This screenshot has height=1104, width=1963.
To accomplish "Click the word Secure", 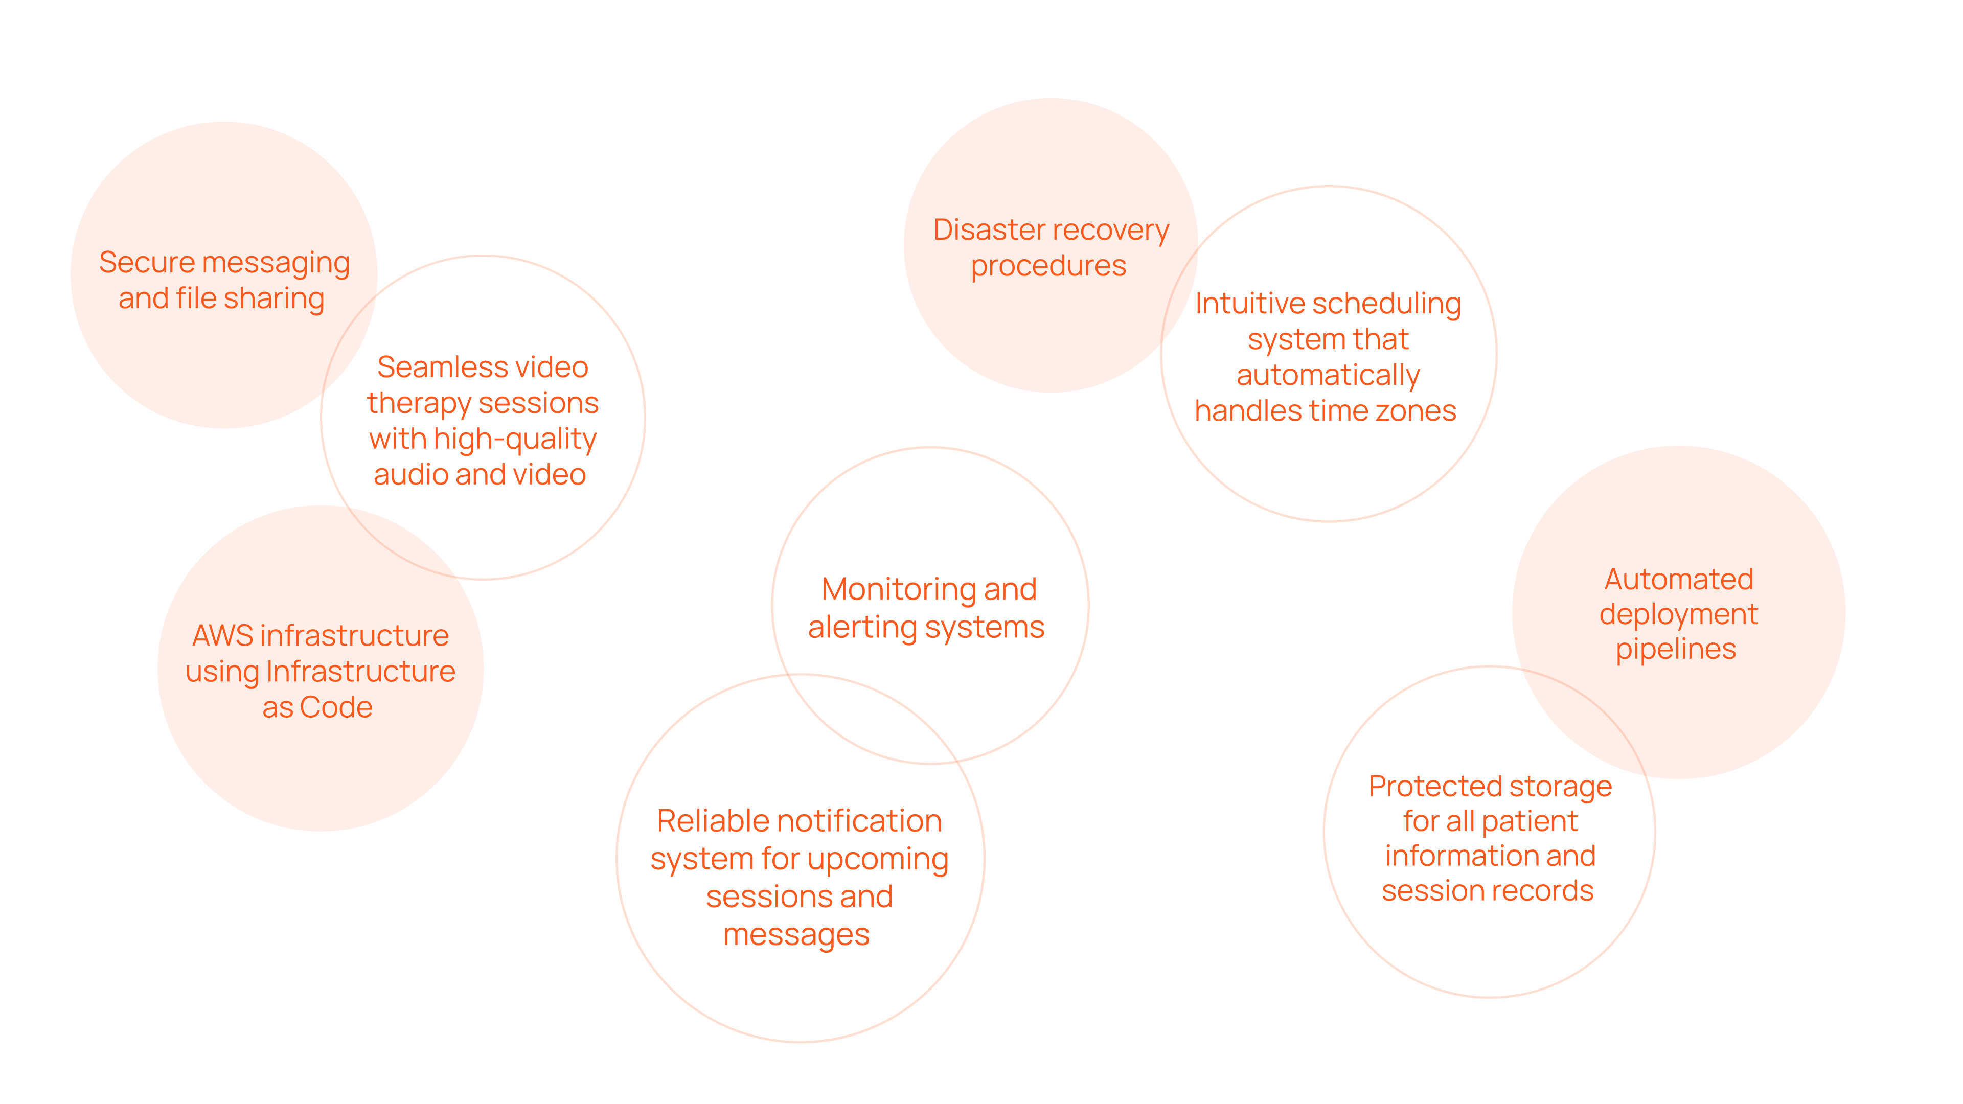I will pyautogui.click(x=147, y=263).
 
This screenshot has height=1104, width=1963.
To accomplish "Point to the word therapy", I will pyautogui.click(x=418, y=404).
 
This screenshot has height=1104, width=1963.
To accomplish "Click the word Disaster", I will pyautogui.click(x=989, y=230).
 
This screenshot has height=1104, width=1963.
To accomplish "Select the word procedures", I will pyautogui.click(x=1048, y=266).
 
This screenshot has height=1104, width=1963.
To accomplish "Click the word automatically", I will pyautogui.click(x=1328, y=376).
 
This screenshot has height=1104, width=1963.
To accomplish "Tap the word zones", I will pyautogui.click(x=1421, y=411).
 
